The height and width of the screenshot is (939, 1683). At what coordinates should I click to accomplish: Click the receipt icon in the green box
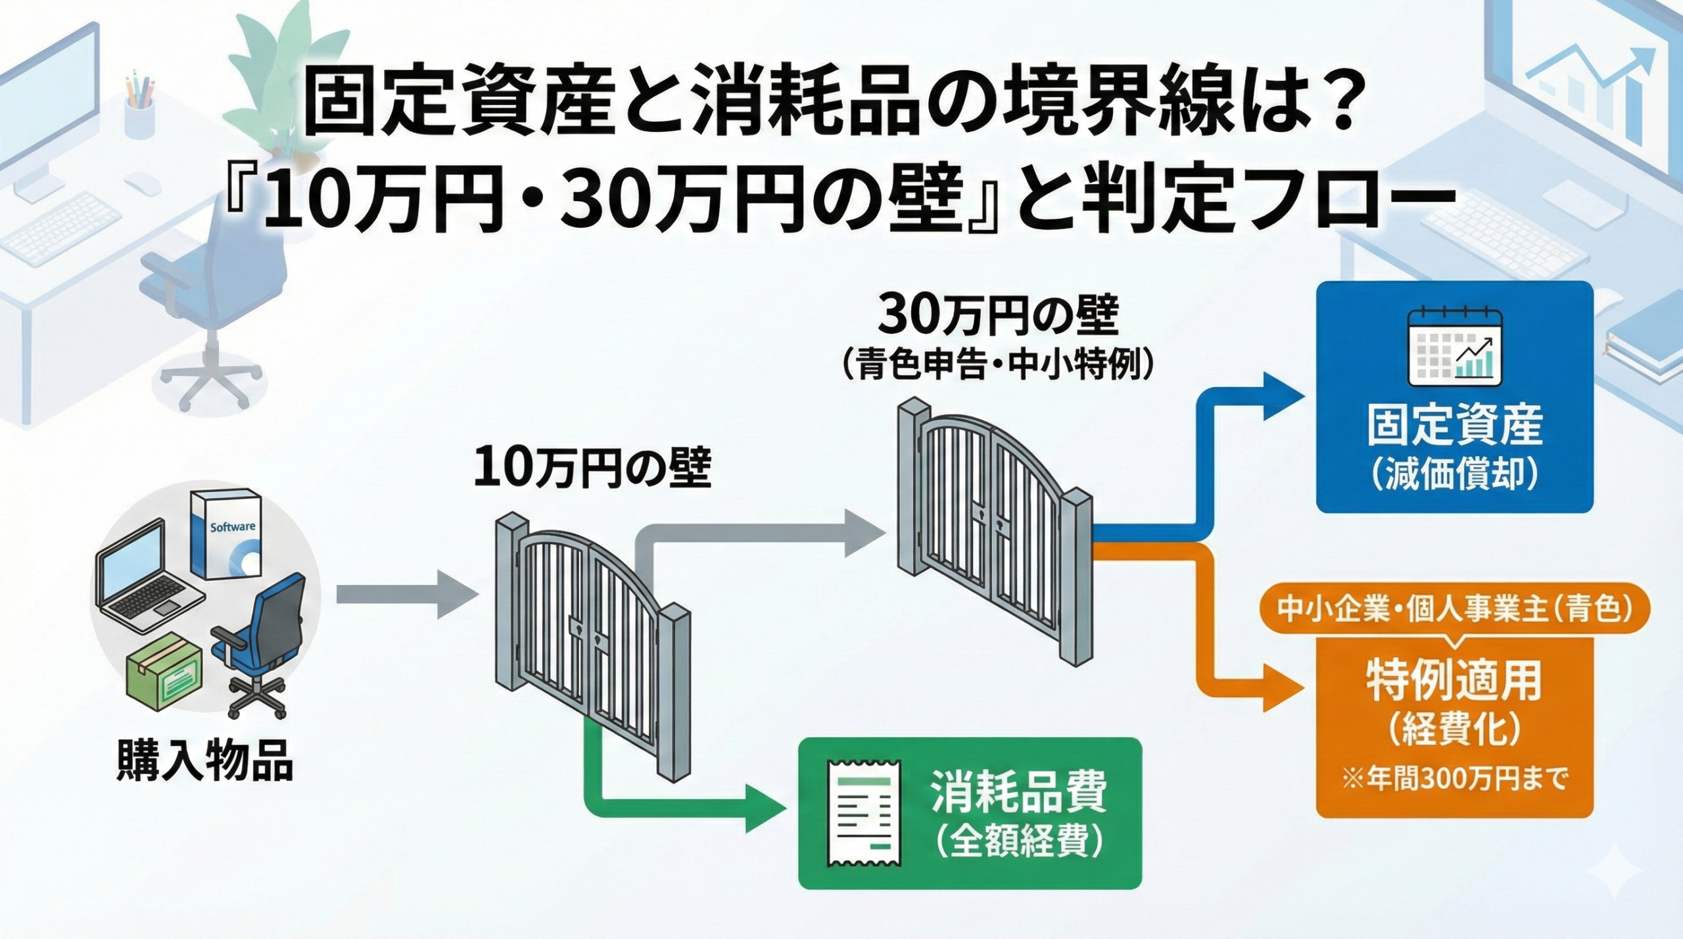click(864, 813)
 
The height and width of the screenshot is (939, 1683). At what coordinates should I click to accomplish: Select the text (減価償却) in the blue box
click(1454, 472)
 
